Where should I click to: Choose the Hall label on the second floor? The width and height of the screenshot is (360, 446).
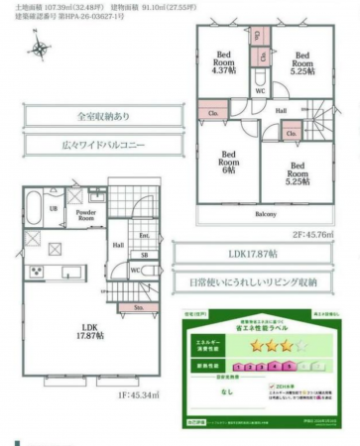(x=281, y=111)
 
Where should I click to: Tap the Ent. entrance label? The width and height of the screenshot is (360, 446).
(x=144, y=236)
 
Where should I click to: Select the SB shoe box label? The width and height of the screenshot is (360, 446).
(x=144, y=254)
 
